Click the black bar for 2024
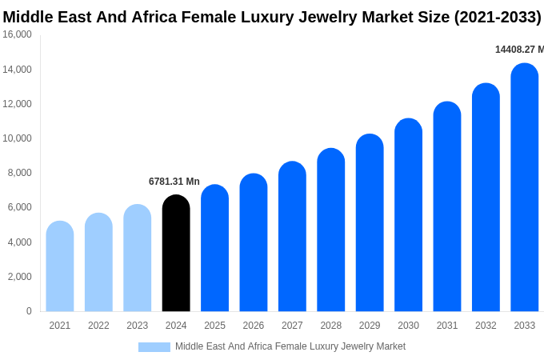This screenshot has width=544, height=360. coord(176,254)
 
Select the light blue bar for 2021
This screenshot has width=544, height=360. coord(60,266)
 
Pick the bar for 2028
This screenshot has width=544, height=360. coord(330,230)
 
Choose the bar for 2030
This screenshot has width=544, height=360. coord(408,215)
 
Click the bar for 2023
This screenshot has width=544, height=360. coord(138,258)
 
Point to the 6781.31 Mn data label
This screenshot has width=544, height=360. coord(174,182)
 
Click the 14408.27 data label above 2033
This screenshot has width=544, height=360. coord(518,50)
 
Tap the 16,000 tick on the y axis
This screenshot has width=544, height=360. coord(18,34)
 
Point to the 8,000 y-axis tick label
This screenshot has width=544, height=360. coord(19,173)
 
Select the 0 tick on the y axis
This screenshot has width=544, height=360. coord(29,311)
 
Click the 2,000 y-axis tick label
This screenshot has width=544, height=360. coord(19,277)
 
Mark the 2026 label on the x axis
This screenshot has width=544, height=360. coord(254,326)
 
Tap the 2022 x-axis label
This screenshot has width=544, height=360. coord(98,326)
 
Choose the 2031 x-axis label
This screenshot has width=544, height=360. coord(447,326)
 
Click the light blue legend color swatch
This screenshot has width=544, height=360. coord(154,347)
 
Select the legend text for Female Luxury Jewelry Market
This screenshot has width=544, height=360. coord(290,346)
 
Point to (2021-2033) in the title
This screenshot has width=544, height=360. coord(498,17)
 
